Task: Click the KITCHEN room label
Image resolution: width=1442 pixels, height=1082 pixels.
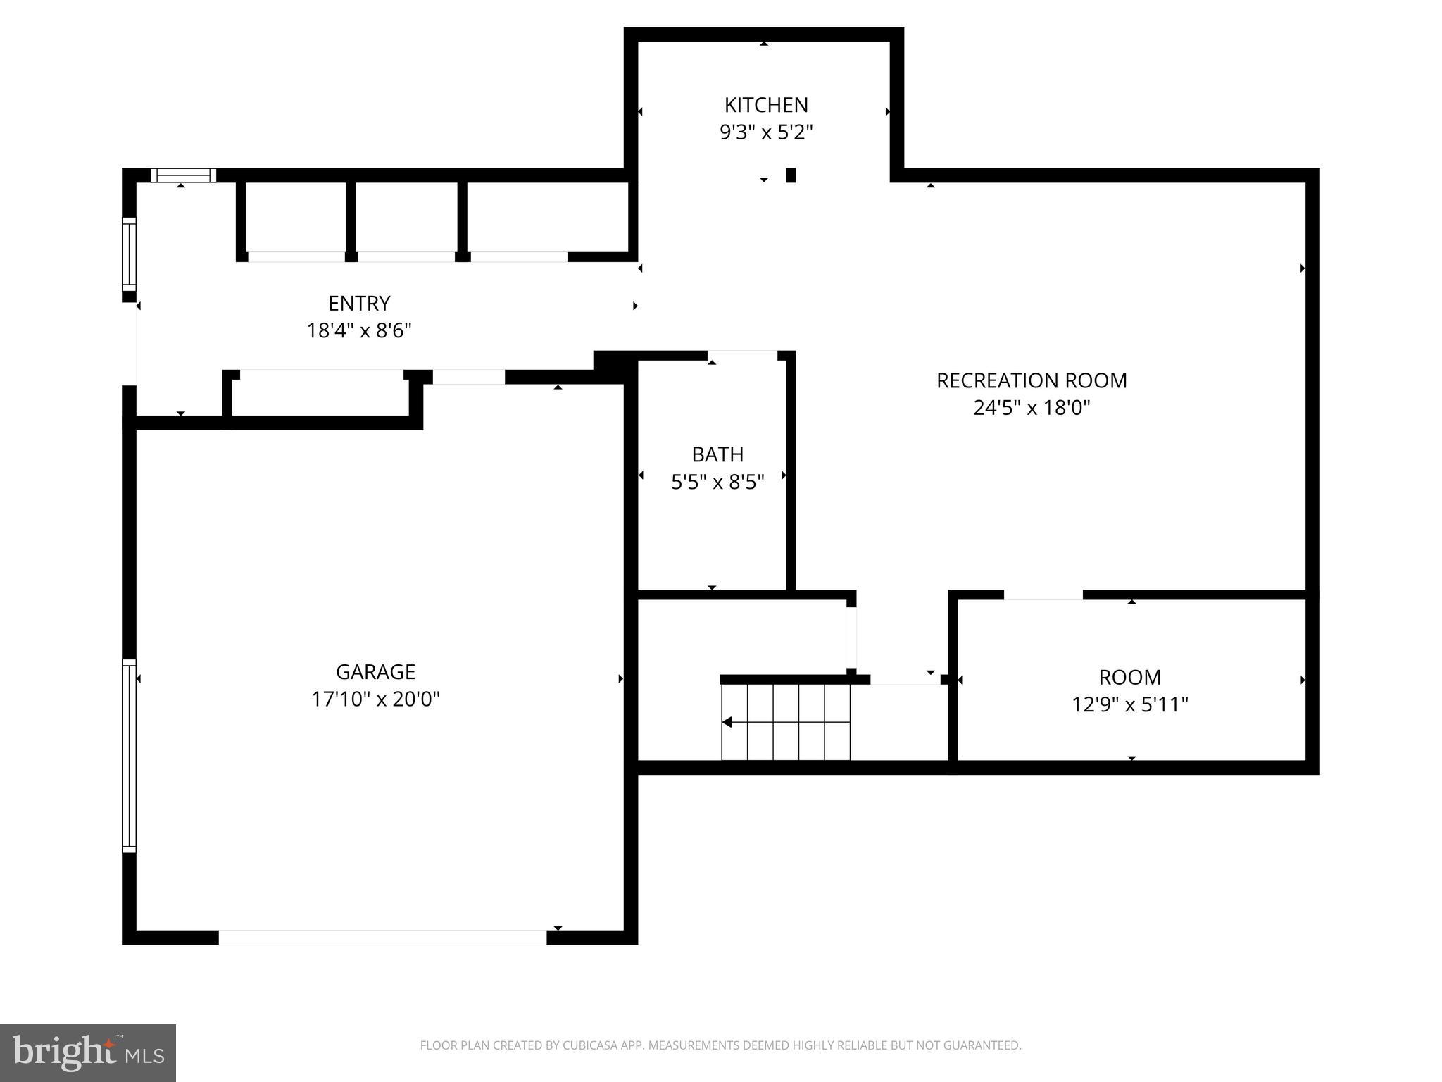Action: [766, 105]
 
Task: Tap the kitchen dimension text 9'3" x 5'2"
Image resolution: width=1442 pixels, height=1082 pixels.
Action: [766, 132]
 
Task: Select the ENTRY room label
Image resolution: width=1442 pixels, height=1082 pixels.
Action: [359, 304]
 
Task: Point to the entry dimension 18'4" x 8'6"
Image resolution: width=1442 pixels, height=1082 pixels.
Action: [359, 330]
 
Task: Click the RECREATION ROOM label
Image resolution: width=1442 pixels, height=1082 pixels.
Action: [1032, 380]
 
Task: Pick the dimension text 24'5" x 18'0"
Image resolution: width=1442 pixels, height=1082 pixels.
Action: [1032, 408]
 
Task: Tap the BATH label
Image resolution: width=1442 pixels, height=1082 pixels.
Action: [717, 454]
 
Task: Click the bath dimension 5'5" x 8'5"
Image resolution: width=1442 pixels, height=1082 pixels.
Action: [717, 482]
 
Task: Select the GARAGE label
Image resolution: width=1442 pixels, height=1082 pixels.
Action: [375, 672]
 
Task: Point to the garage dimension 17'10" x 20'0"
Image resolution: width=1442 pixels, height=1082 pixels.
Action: [375, 699]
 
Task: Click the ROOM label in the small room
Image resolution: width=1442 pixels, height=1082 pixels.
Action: [1129, 678]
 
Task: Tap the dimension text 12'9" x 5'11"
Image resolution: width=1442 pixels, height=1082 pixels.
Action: [1129, 704]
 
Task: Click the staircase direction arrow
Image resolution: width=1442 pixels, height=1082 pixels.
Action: [727, 722]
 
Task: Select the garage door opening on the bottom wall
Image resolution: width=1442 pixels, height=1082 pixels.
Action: [382, 937]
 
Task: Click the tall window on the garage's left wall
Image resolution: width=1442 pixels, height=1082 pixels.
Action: [129, 755]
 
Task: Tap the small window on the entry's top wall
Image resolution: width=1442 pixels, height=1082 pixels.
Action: [183, 175]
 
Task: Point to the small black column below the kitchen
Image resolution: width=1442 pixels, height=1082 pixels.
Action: [791, 175]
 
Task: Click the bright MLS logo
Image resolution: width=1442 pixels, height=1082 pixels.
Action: [88, 1052]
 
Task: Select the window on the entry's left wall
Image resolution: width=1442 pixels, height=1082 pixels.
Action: [129, 254]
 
